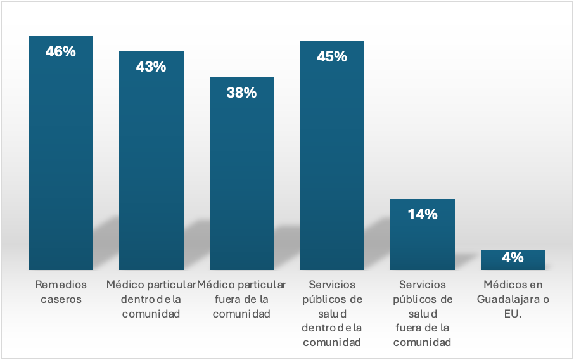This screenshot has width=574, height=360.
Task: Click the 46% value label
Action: tap(61, 52)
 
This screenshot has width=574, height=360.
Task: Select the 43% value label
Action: tap(151, 67)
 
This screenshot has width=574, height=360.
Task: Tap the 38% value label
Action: tap(241, 93)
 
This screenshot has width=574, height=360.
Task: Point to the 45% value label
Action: tap(332, 56)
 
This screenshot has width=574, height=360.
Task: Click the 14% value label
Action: tap(423, 214)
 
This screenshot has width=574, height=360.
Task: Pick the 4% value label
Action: tap(513, 257)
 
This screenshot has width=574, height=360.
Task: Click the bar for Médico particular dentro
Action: tap(151, 171)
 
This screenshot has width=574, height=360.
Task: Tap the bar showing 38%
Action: tap(241, 184)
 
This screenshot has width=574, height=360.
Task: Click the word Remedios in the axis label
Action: tap(61, 285)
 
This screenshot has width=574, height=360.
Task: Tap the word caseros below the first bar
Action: tap(61, 299)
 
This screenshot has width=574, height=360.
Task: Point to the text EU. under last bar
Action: tap(513, 314)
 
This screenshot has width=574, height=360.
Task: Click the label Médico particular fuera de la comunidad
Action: tap(241, 299)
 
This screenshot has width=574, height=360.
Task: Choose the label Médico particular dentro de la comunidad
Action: tap(151, 299)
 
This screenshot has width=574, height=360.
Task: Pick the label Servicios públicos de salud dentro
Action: tap(332, 314)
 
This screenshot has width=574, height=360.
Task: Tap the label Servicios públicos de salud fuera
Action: tap(423, 314)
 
